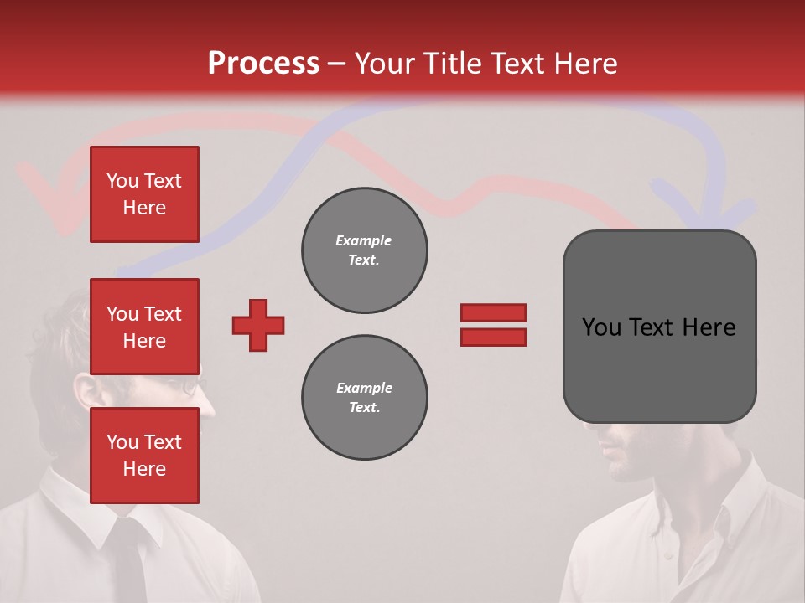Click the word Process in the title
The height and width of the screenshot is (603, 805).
pyautogui.click(x=263, y=64)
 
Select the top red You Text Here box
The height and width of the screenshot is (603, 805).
pyautogui.click(x=144, y=194)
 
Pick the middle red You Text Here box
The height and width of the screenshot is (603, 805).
pyautogui.click(x=144, y=327)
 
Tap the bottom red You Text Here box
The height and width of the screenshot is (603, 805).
pyautogui.click(x=144, y=456)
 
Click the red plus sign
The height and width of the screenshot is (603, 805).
pyautogui.click(x=258, y=325)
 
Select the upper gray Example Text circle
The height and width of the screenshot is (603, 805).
pyautogui.click(x=364, y=250)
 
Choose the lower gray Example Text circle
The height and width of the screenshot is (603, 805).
pyautogui.click(x=364, y=398)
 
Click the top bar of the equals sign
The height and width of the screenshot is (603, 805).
pyautogui.click(x=493, y=312)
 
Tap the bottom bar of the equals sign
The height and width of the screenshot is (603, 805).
pyautogui.click(x=493, y=337)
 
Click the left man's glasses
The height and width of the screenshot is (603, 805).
pyautogui.click(x=192, y=388)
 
